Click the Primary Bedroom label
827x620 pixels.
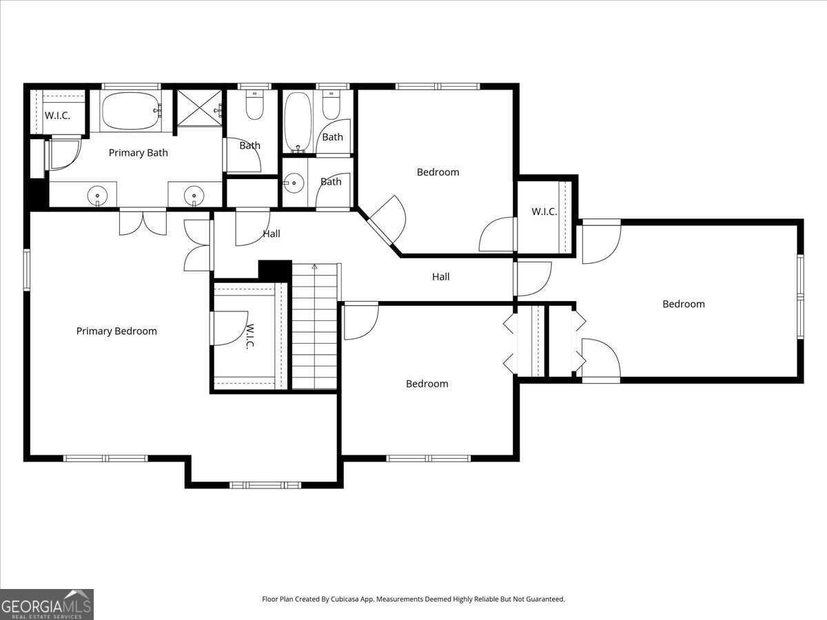[116, 331]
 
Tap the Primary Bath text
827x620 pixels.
[139, 153]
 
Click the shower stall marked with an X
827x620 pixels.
[199, 107]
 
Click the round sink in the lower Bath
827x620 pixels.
[294, 183]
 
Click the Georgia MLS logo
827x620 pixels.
[46, 604]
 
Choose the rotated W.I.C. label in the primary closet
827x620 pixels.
[250, 336]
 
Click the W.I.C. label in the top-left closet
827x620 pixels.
[57, 116]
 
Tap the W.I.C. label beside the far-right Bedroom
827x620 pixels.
[544, 212]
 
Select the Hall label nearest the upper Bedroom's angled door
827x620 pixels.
[272, 234]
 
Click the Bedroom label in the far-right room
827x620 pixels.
[684, 304]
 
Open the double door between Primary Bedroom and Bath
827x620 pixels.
[143, 222]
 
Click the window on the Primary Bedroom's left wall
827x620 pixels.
[27, 270]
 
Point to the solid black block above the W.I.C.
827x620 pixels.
[274, 270]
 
